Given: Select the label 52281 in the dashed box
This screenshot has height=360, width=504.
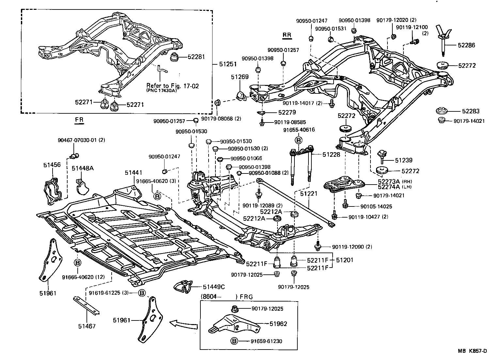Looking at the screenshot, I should pos(196,57).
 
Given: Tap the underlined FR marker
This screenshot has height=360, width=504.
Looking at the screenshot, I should pos(79,120).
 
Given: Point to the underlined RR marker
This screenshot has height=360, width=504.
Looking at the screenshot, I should pos(287,35).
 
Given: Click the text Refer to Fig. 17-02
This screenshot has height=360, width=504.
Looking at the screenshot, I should pos(172,86).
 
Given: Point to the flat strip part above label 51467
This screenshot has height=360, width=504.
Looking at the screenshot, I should pos(86,305).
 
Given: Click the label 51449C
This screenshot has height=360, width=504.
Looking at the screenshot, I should pos(214,286).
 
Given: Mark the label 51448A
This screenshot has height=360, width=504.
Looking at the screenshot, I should pos(83,168).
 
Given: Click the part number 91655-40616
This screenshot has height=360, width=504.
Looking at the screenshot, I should pos(299,130).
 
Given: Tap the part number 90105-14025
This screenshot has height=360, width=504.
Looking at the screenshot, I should pos(376,206).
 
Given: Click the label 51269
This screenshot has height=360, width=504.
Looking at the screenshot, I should pos(240,77).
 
